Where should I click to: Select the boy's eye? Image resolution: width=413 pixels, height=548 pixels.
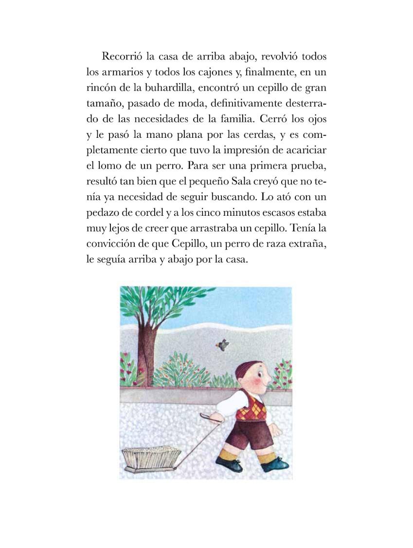coord(261,376)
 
